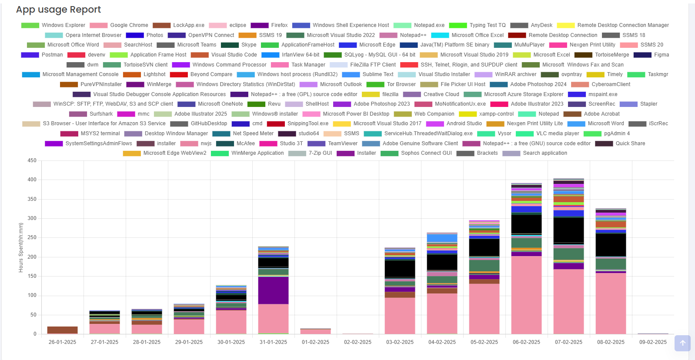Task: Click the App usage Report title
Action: [x=58, y=10]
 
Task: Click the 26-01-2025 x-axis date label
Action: [x=62, y=342]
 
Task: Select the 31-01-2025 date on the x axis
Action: [x=273, y=342]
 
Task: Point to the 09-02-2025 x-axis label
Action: [x=653, y=342]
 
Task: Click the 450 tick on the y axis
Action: [x=32, y=160]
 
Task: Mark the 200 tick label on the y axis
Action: [x=32, y=257]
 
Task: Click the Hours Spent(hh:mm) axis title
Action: [x=21, y=247]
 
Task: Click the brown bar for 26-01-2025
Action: [x=62, y=330]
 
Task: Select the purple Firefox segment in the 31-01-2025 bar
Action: [x=273, y=290]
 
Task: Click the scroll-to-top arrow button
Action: [x=682, y=343]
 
